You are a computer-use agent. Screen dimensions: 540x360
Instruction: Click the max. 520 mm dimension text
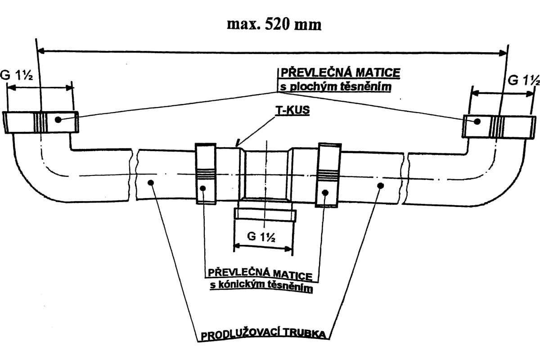[x=274, y=25]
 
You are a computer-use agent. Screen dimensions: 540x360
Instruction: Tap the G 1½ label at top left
[x=16, y=75]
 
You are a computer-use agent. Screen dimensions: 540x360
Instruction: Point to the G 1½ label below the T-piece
[x=261, y=237]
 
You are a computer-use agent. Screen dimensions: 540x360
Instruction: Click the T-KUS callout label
[x=292, y=110]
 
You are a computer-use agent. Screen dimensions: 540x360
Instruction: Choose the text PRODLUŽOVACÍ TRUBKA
[x=264, y=335]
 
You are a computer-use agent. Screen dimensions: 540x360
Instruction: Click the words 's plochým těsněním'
[x=336, y=87]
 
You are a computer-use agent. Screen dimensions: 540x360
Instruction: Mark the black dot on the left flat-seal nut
[x=58, y=119]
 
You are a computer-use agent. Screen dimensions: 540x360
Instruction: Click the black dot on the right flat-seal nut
[x=477, y=121]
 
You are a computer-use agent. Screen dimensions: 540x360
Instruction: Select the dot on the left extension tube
[x=151, y=183]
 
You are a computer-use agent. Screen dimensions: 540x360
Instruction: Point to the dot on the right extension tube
[x=381, y=186]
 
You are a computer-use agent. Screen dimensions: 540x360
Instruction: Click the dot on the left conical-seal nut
[x=203, y=188]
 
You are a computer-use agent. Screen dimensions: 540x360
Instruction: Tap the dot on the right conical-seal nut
[x=325, y=193]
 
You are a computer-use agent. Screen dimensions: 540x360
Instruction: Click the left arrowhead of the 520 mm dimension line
[x=41, y=51]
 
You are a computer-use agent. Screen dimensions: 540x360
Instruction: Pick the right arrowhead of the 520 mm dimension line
[x=503, y=53]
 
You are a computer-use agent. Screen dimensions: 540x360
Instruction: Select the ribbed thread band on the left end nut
[x=40, y=122]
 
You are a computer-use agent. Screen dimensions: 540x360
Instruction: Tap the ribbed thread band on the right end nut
[x=496, y=127]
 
